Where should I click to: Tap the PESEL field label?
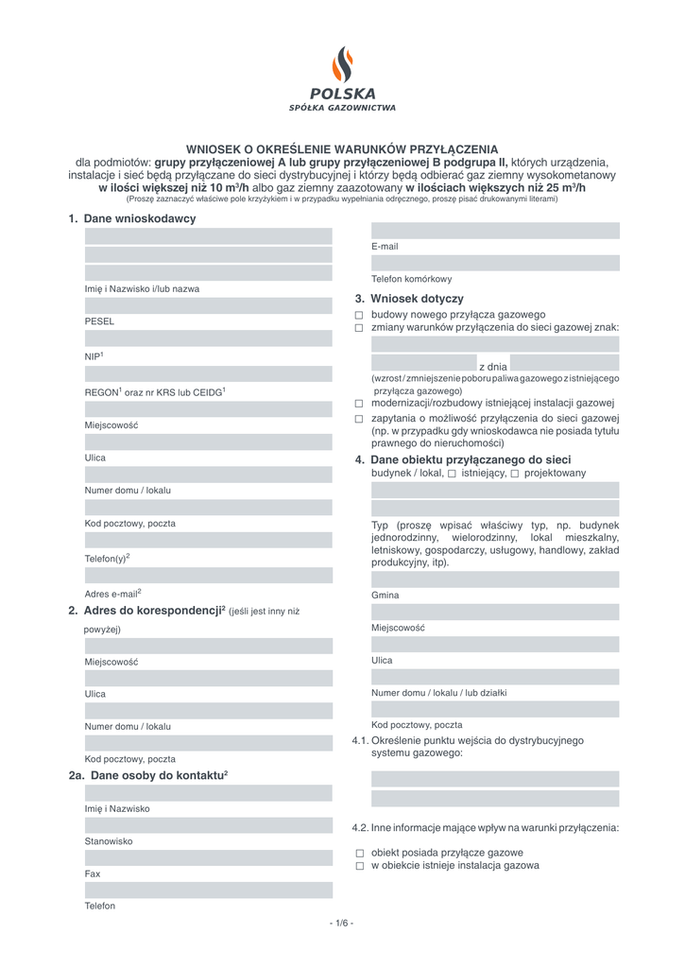[x=99, y=321]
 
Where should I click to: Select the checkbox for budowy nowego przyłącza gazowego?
[x=359, y=315]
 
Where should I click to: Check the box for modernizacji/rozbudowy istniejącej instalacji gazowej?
[x=359, y=404]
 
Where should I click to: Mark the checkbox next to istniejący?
[x=452, y=474]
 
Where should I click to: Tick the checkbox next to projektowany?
[x=515, y=474]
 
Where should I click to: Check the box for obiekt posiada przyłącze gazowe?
[x=359, y=853]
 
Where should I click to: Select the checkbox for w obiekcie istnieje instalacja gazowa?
[x=359, y=866]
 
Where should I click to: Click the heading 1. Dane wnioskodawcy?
[x=131, y=219]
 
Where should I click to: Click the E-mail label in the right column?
[x=385, y=247]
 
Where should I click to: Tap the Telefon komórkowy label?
[x=411, y=279]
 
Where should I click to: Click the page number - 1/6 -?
[x=342, y=923]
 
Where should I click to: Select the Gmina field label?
[x=385, y=596]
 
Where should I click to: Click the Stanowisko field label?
[x=109, y=840]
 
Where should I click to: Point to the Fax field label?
[x=93, y=873]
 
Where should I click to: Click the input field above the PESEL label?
[x=209, y=305]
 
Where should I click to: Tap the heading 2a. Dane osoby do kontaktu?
[x=148, y=775]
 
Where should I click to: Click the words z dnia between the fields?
[x=493, y=366]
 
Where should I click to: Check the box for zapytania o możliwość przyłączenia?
[x=359, y=419]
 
